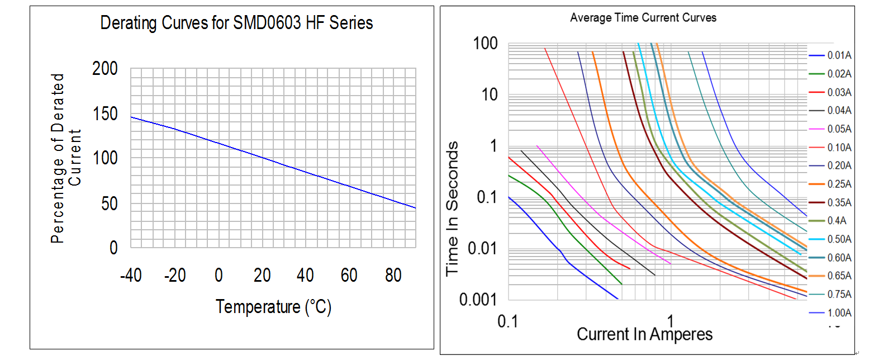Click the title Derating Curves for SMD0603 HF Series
[236, 23]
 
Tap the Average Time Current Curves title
[643, 18]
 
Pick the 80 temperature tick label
[393, 276]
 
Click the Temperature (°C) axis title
[273, 307]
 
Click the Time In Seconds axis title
[454, 208]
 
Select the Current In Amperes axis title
[644, 334]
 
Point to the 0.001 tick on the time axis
[479, 300]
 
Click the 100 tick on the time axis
[486, 43]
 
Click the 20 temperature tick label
[262, 276]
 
